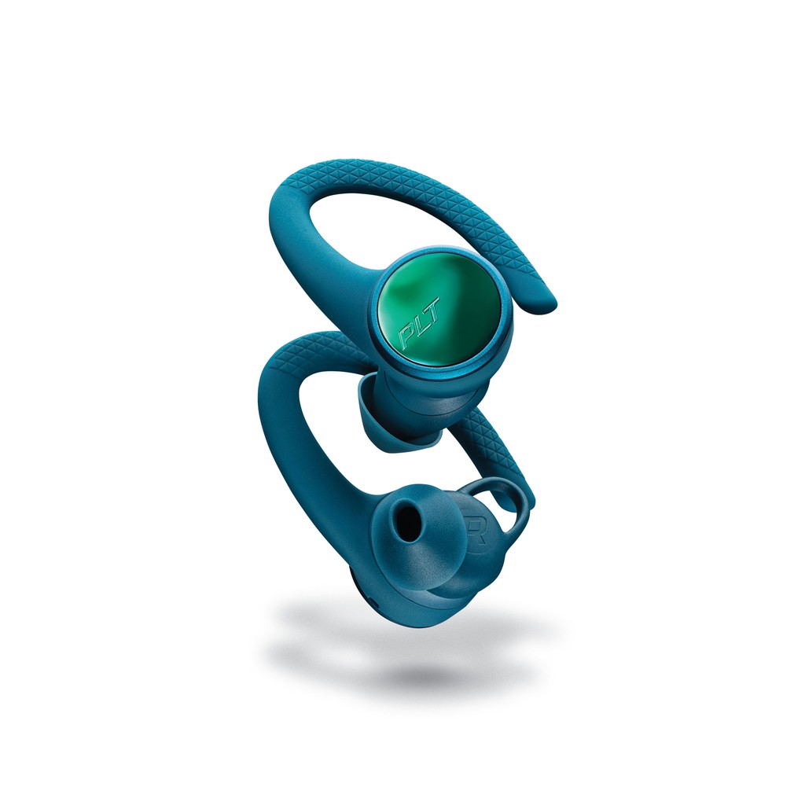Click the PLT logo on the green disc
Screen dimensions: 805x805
(x=420, y=324)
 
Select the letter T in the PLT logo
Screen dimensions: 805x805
(x=432, y=307)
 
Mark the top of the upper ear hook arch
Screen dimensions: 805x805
(x=359, y=165)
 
